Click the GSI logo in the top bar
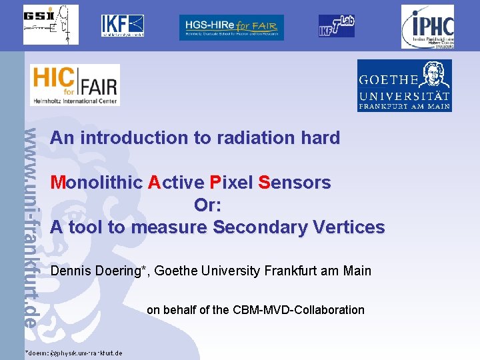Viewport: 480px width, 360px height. coord(51,25)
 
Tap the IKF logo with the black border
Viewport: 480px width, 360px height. coord(123,25)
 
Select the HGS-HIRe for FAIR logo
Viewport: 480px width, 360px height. coord(231,27)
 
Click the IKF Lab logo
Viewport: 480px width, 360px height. coord(336,26)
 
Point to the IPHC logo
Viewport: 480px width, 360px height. coord(427,27)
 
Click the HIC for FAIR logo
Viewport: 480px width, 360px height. coord(75,85)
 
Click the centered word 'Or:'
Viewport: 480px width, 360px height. coord(207,205)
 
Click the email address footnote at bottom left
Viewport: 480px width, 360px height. coord(73,353)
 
